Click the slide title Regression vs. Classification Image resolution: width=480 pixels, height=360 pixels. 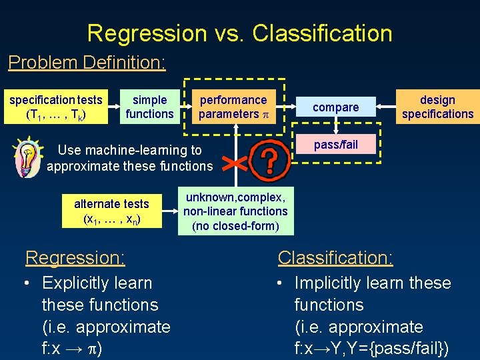239,33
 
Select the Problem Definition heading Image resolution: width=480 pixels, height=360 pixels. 87,63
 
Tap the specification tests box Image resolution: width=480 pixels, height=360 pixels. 55,107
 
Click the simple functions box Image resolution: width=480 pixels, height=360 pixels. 149,107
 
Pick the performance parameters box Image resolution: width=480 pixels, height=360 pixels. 233,107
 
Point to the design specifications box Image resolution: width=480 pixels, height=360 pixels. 437,107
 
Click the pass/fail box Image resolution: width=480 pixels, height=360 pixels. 336,145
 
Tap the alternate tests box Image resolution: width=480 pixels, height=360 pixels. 111,211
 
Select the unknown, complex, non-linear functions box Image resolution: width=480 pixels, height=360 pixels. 235,211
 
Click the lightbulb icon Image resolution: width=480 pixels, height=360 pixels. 27,156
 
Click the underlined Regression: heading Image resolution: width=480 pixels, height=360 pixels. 75,257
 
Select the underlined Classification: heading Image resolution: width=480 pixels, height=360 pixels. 335,257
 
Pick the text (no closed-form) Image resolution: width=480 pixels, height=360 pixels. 235,226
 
